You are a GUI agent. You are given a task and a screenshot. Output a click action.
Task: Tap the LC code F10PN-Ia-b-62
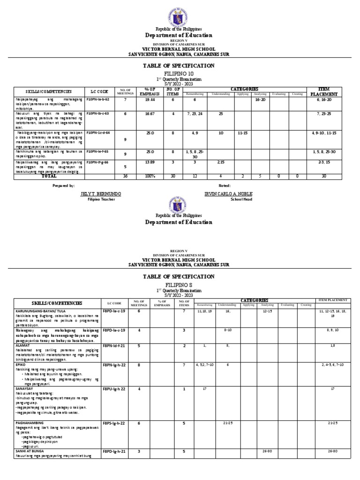point(98,100)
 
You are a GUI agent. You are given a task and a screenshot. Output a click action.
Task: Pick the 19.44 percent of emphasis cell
point(150,100)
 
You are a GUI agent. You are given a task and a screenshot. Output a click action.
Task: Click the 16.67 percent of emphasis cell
point(150,113)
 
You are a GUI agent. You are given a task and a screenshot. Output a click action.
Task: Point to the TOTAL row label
point(49,176)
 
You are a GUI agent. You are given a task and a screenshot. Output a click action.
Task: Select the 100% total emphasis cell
point(150,176)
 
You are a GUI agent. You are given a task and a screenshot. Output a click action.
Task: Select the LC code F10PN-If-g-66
point(98,162)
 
